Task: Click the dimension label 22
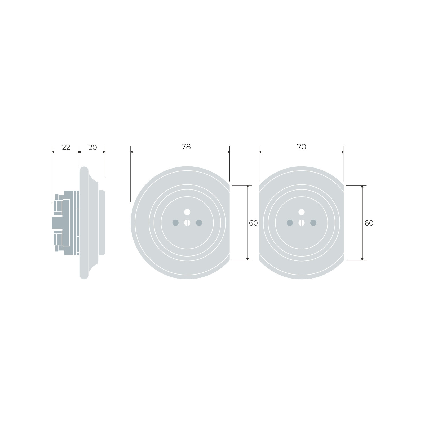point(66,147)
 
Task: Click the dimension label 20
point(92,148)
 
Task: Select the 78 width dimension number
point(186,147)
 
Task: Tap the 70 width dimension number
point(302,147)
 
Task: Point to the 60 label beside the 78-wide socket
point(253,223)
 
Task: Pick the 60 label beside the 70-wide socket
point(369,223)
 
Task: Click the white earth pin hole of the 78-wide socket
point(187,212)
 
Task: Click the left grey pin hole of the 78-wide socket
point(175,223)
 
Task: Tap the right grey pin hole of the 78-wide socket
point(199,223)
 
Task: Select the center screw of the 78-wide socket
point(187,223)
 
